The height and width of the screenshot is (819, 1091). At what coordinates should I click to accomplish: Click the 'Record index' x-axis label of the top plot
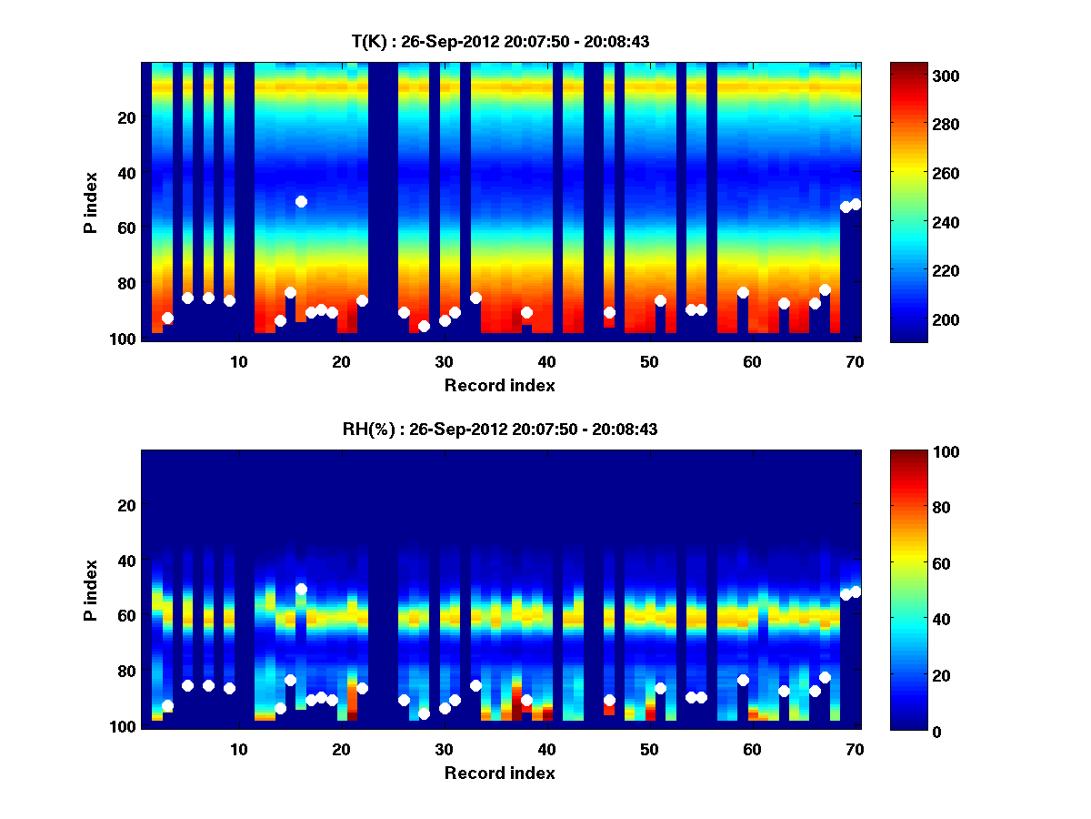(500, 386)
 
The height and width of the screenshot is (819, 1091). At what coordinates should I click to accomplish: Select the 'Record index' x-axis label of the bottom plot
(500, 773)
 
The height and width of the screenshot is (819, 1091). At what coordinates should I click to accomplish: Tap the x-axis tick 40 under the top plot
(546, 361)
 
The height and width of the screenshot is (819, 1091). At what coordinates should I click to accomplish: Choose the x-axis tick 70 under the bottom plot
(855, 749)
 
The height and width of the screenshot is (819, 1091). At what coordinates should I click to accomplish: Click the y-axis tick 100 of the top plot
(124, 339)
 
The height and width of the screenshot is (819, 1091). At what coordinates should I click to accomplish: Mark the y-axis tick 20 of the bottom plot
(126, 505)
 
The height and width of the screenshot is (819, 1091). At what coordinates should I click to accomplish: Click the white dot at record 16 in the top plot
(301, 201)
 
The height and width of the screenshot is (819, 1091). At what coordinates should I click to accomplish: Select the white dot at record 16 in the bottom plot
(301, 589)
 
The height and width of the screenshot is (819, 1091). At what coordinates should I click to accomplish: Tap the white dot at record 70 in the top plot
(856, 204)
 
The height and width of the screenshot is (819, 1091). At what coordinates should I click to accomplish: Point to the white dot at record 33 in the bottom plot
(475, 685)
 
